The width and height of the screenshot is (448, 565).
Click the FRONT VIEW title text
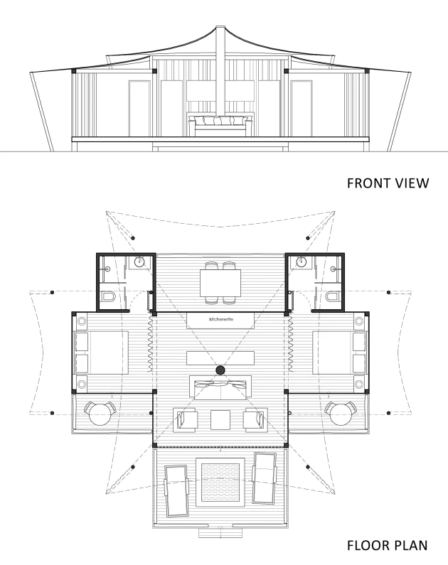pos(388,183)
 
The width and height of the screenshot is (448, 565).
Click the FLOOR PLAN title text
pos(387,545)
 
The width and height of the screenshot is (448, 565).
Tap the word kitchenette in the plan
pos(221,319)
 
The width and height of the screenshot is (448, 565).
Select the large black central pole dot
pos(220,370)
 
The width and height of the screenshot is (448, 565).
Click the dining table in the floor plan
pos(220,283)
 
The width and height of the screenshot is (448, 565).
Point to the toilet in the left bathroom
pos(108,297)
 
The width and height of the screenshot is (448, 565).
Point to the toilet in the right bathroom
pos(332,297)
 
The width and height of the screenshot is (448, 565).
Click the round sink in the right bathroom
pos(302,262)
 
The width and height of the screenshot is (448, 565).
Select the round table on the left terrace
pos(100,414)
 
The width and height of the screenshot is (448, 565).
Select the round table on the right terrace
pos(341,414)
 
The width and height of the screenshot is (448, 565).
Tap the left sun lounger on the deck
pos(176,491)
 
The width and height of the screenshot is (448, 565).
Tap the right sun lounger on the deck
pos(265,478)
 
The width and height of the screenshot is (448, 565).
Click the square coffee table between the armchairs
pos(220,420)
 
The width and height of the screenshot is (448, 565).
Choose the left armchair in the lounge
pos(186,420)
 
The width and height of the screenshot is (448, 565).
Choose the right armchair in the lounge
pos(255,420)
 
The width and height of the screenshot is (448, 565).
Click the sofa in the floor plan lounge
pos(220,388)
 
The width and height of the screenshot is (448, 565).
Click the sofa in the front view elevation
pos(220,125)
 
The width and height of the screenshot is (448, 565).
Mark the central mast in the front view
pos(220,71)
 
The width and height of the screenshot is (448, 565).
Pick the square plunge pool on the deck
pos(220,483)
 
